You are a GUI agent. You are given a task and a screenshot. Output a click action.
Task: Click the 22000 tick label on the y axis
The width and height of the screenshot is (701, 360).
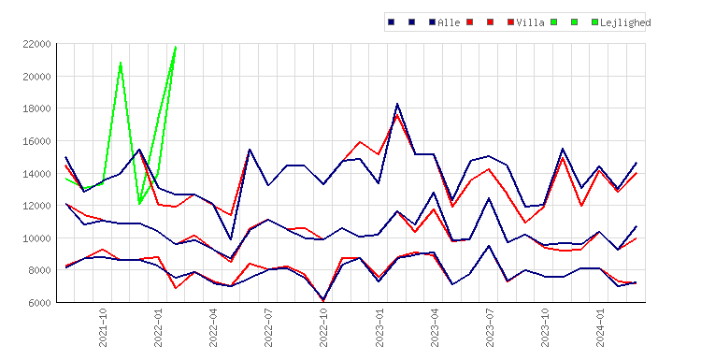[36, 44]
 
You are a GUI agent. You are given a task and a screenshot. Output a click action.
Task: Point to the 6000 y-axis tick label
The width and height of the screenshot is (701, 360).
[39, 303]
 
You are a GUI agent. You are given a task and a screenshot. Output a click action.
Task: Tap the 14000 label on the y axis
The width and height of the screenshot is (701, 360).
[36, 174]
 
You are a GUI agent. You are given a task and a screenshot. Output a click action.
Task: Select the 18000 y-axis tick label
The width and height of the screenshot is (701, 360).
[36, 108]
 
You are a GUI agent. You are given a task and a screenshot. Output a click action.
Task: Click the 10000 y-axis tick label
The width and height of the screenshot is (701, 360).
[36, 238]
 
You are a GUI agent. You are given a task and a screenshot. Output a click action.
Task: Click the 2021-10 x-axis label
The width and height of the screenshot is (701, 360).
[103, 327]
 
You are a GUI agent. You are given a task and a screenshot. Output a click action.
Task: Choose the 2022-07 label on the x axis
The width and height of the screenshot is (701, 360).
[268, 327]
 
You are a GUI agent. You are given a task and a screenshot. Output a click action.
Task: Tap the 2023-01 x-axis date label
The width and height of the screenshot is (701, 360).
[379, 327]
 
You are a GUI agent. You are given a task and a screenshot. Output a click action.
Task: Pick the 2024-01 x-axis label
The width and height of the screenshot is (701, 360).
[600, 327]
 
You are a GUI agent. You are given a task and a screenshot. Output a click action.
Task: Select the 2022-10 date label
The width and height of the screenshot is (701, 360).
[323, 327]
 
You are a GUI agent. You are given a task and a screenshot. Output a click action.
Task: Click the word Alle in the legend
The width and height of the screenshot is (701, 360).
[449, 22]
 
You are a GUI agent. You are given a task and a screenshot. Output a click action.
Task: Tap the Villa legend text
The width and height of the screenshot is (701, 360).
[530, 22]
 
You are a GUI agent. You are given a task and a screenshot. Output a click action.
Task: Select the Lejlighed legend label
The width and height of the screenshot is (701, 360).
[625, 22]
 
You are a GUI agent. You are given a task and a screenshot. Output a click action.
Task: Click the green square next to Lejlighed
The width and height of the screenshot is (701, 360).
[594, 22]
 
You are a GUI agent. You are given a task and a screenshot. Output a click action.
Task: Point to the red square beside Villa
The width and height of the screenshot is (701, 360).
[510, 22]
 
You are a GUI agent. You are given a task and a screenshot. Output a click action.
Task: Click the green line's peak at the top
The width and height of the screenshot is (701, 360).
[176, 47]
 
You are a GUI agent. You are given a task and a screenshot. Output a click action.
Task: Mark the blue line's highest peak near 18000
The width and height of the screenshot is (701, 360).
[397, 104]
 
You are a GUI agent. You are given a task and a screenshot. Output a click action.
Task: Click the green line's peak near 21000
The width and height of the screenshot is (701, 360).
[121, 63]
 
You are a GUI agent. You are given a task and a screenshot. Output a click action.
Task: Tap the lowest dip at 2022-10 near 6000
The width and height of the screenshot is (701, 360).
[323, 300]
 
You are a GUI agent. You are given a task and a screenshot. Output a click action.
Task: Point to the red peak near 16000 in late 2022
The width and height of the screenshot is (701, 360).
[360, 142]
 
